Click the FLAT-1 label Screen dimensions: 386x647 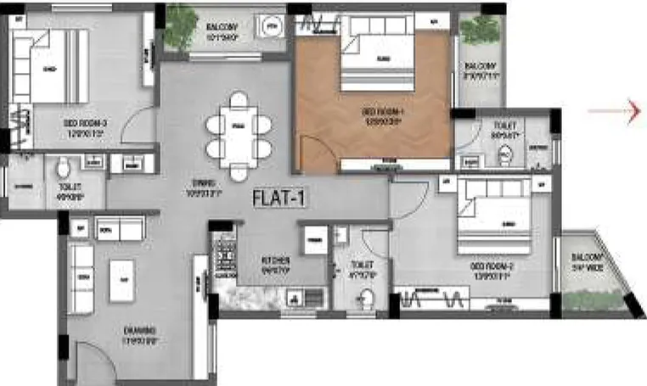278,199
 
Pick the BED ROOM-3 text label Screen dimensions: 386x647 83,126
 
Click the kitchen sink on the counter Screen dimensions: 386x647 293,297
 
